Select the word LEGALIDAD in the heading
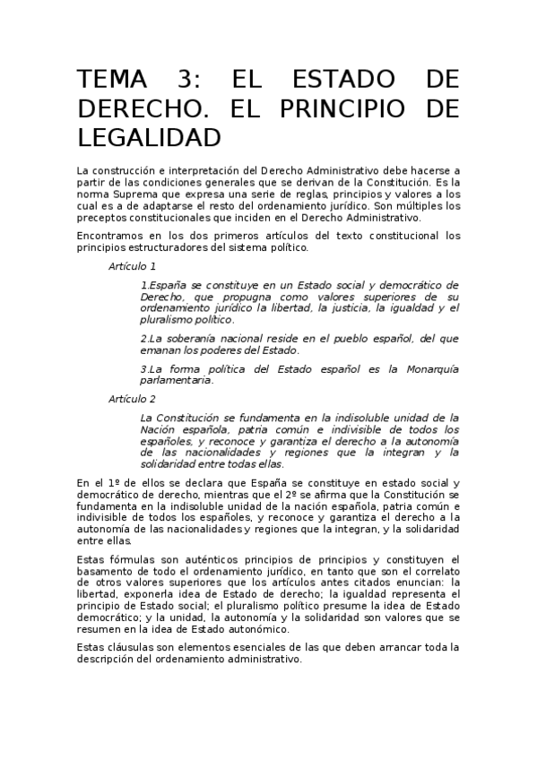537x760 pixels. click(149, 138)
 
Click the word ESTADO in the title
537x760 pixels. click(341, 79)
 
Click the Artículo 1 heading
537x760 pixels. click(133, 266)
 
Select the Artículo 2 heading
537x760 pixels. click(133, 399)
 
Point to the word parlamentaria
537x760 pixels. click(177, 379)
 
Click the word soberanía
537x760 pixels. click(194, 338)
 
